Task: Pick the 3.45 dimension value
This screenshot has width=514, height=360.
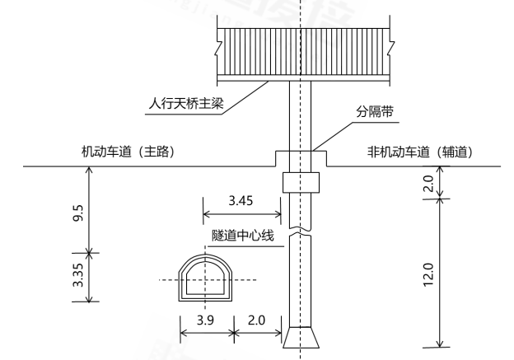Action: (241, 199)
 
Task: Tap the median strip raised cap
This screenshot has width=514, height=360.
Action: (300, 158)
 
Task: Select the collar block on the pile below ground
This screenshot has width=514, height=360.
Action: (300, 182)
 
